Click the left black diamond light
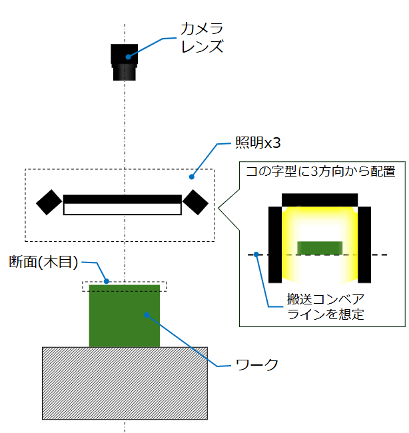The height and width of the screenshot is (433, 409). click(x=49, y=203)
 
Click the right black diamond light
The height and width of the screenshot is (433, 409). click(x=196, y=203)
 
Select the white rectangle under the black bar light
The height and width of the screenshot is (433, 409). click(x=122, y=209)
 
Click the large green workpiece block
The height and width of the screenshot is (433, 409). click(x=125, y=316)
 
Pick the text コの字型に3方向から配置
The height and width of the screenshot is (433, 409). click(x=320, y=171)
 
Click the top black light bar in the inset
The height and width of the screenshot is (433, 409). click(x=320, y=200)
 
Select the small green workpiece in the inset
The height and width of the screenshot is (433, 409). click(x=320, y=248)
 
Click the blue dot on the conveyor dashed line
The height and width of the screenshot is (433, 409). click(x=256, y=254)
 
